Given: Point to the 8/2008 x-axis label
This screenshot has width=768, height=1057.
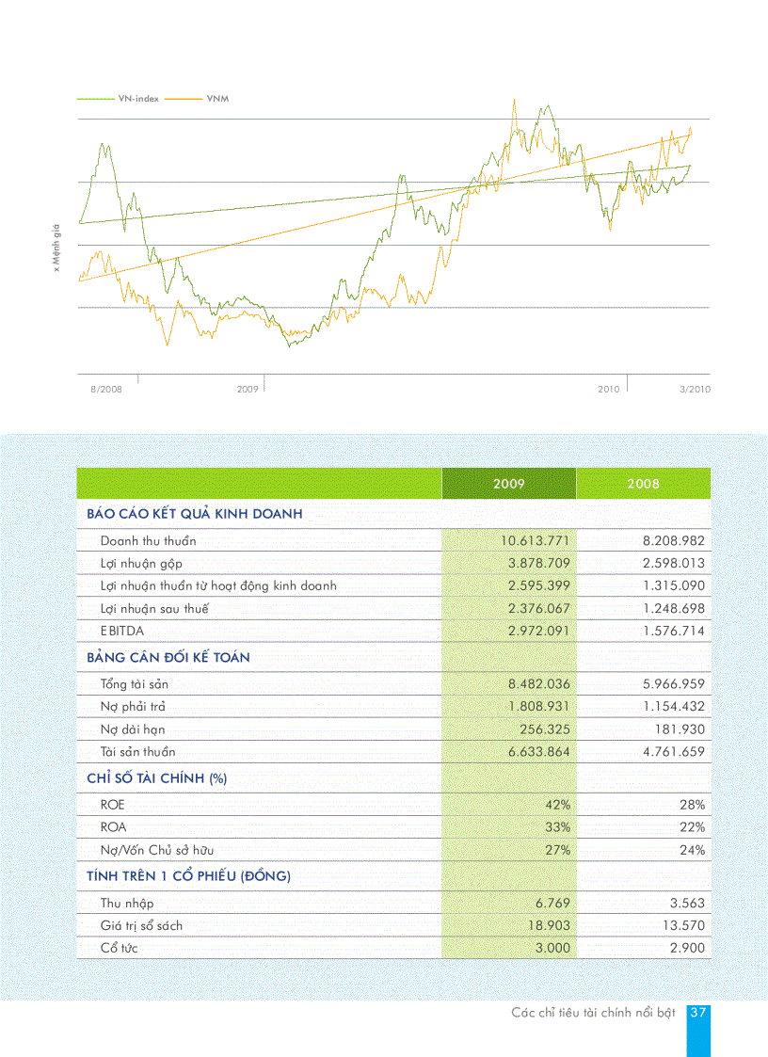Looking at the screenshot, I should (x=106, y=389).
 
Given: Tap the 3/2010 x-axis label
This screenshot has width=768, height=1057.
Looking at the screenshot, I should (x=695, y=389).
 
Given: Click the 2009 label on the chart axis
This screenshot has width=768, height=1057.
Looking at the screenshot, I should (x=248, y=389).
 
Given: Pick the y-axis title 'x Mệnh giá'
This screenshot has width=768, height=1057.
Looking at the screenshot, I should (x=56, y=248).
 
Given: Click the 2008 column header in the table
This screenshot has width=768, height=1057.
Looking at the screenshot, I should (x=644, y=484).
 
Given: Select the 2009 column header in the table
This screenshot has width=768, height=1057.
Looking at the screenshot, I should (x=509, y=484).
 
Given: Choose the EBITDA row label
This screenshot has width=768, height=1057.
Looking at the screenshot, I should (x=122, y=631).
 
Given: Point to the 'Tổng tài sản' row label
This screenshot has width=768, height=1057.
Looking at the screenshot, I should (x=135, y=684).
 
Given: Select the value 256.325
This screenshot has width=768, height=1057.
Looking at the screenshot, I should (x=545, y=729).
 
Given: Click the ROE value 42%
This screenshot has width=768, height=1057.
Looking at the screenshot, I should (x=556, y=806).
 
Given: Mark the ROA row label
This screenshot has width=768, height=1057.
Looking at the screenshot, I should (x=113, y=827).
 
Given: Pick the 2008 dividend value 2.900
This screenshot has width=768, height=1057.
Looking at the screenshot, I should (x=687, y=949).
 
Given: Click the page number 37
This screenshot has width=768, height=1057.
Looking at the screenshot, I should (x=697, y=1013).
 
